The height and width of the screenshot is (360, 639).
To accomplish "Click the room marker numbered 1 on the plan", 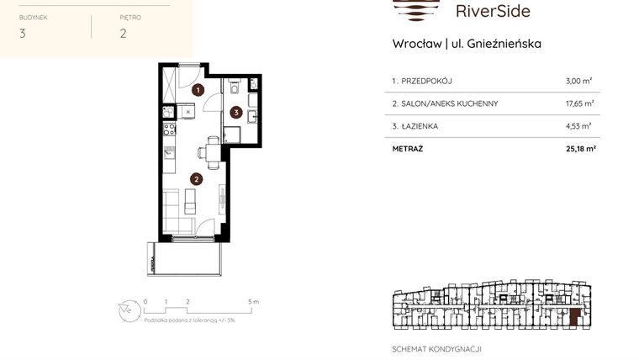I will coord(198,88).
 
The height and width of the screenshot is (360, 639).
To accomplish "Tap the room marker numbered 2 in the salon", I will coord(195,178).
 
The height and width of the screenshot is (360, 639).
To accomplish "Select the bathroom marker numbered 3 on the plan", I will coord(237,111).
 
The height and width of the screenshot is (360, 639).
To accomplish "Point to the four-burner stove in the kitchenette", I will coord(168,130).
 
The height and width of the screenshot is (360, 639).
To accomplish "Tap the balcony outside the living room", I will coord(185,257).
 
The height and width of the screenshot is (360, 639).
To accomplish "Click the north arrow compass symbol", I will coord(127,310).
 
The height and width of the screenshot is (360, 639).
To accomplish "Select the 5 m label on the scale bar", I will coord(255,300).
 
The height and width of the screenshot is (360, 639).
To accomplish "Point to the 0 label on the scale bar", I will coord(145,300).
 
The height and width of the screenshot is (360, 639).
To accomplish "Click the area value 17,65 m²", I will coord(579,103).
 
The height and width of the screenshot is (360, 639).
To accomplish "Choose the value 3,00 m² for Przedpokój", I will coord(579,81).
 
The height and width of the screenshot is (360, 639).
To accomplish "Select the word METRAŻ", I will coord(409,149).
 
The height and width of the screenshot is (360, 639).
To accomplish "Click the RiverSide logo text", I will coord(492,11).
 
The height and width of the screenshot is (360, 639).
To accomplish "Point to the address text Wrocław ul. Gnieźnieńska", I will coord(467,43).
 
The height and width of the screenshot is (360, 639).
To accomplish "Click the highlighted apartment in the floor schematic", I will coord(574,316).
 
